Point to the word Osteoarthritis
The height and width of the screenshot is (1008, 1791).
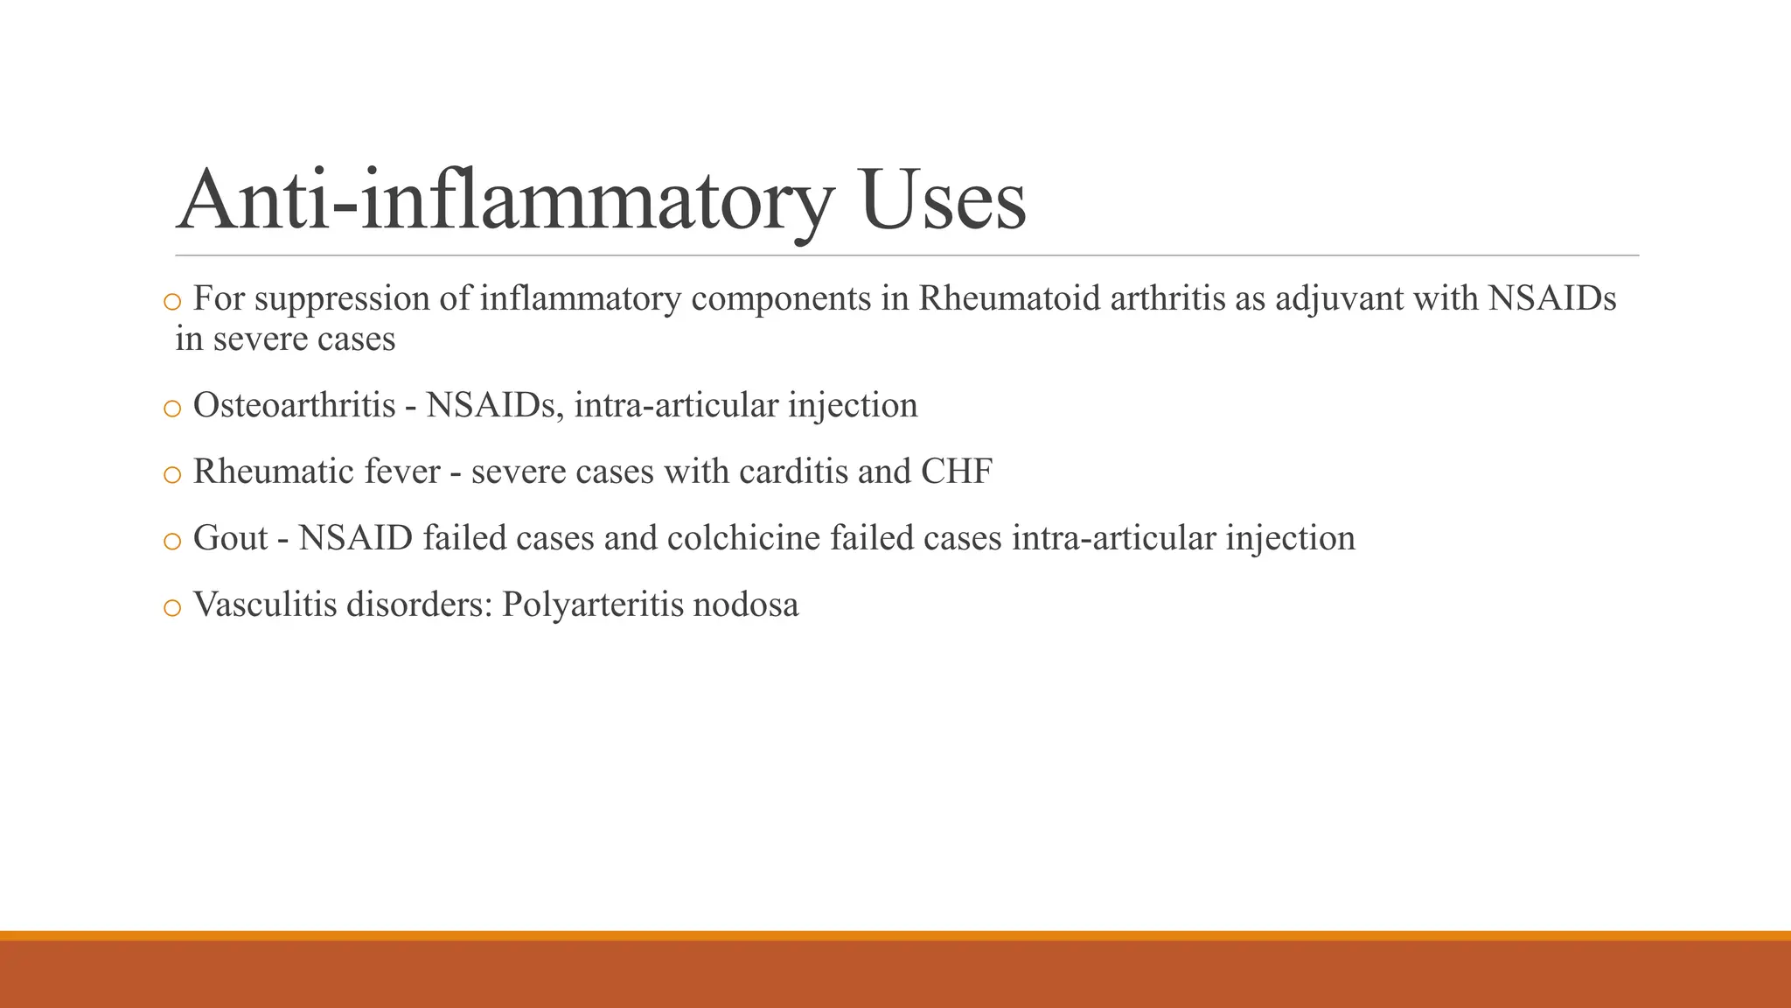coord(294,405)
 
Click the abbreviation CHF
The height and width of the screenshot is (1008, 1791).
coord(957,472)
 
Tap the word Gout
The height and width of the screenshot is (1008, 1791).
coord(230,538)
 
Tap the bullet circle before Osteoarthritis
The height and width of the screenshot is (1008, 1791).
coord(172,408)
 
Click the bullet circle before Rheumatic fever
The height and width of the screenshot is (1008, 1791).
coord(172,474)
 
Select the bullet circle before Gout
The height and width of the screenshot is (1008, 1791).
coord(172,541)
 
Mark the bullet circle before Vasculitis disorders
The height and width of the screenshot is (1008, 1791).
coord(172,607)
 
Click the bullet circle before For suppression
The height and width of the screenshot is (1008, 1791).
coord(172,302)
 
